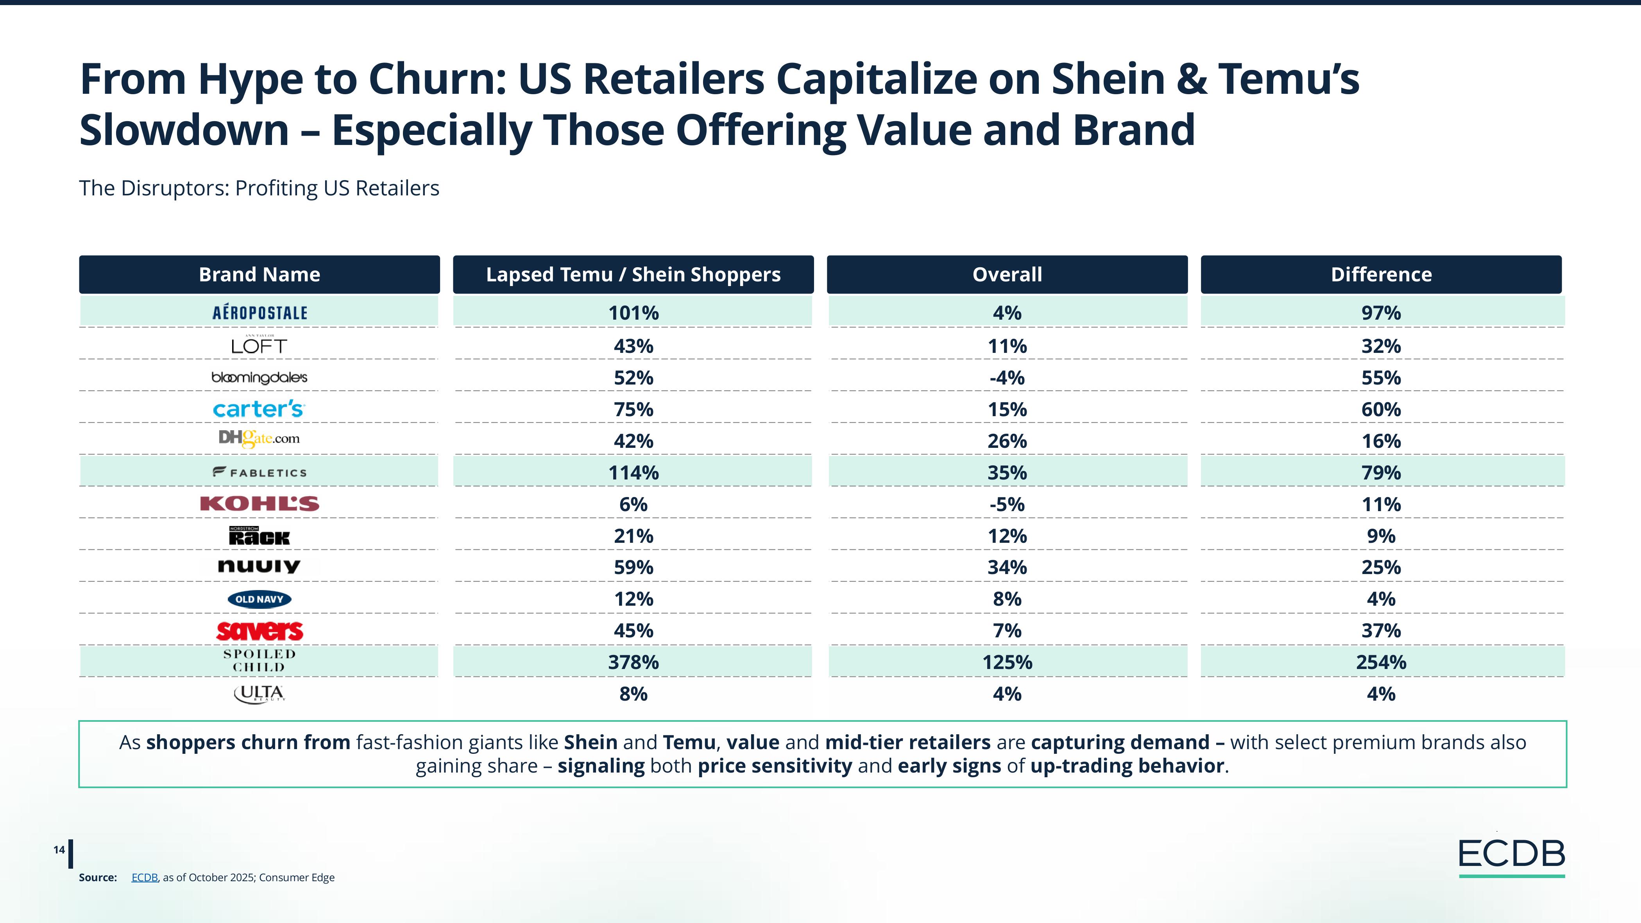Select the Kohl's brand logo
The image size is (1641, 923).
pyautogui.click(x=259, y=504)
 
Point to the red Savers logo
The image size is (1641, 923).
pyautogui.click(x=259, y=631)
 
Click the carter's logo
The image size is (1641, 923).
pyautogui.click(x=259, y=409)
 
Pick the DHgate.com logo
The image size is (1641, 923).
pyautogui.click(x=259, y=438)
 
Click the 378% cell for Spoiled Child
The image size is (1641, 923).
pyautogui.click(x=633, y=662)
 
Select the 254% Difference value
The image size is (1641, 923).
pyautogui.click(x=1380, y=662)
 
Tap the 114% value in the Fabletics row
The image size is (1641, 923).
pyautogui.click(x=633, y=473)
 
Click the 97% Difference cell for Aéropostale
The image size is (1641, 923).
pyautogui.click(x=1380, y=313)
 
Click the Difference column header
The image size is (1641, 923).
pyautogui.click(x=1380, y=275)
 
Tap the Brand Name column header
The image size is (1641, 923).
pyautogui.click(x=259, y=275)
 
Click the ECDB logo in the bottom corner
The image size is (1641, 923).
pyautogui.click(x=1511, y=855)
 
